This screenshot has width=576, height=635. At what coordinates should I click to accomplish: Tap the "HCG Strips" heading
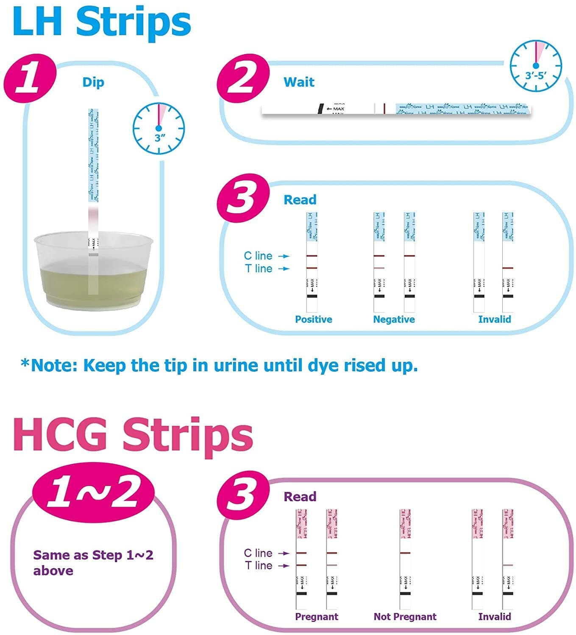click(x=133, y=435)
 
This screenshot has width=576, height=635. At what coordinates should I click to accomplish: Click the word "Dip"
click(x=93, y=82)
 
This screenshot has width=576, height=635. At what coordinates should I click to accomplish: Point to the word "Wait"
click(x=299, y=82)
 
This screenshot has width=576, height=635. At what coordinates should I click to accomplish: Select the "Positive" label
click(x=313, y=319)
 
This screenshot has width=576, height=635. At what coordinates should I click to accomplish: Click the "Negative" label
click(x=394, y=319)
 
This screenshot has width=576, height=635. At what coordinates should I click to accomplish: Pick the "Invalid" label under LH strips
click(x=494, y=319)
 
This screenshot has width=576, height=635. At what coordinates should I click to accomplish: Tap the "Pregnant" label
click(x=317, y=616)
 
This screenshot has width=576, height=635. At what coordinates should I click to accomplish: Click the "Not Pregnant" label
click(x=405, y=616)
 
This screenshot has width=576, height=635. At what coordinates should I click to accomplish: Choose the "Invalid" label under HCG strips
click(x=494, y=616)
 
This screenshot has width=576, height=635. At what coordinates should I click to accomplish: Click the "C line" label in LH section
click(x=258, y=256)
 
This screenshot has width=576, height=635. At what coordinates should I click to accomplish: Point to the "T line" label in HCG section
click(x=259, y=566)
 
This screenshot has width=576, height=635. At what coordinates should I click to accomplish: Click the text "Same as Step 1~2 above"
click(x=93, y=563)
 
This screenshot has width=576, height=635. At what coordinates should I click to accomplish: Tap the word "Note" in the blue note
click(x=50, y=365)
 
